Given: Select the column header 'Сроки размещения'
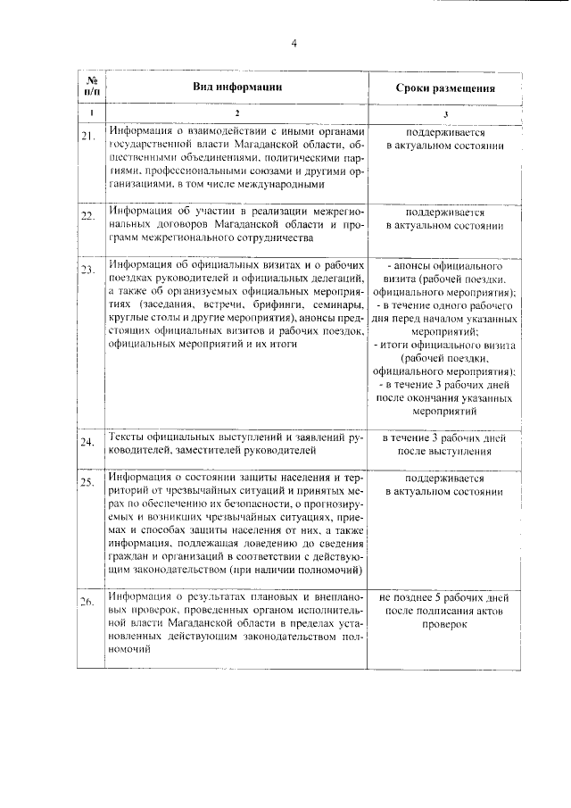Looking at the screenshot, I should coord(445,89).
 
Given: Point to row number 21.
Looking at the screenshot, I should coord(87,136).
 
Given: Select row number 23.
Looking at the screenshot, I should coord(87,269).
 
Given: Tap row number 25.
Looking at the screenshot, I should coord(87,483).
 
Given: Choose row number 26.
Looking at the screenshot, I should coord(87,601).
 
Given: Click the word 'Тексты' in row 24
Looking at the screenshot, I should coord(127,438).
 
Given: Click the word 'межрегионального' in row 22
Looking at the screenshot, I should coord(181,238).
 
